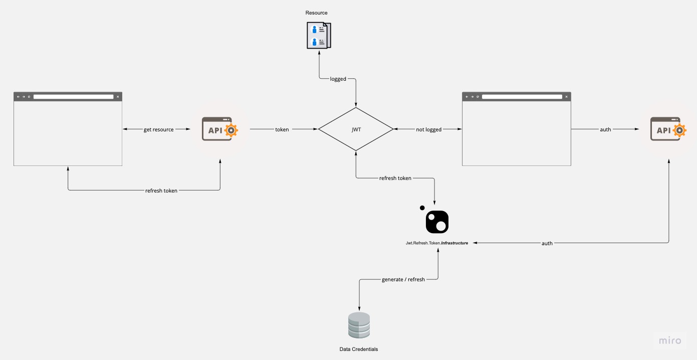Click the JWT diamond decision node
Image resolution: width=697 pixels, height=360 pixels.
(x=356, y=129)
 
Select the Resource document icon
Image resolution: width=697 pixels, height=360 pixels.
(x=319, y=35)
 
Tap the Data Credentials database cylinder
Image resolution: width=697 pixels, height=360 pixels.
(x=359, y=325)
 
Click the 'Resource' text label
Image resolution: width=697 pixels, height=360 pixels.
(x=317, y=13)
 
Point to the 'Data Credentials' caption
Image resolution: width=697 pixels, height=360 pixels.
(x=359, y=349)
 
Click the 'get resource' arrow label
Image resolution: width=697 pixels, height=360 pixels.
(x=159, y=129)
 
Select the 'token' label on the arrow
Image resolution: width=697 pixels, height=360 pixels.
(x=282, y=129)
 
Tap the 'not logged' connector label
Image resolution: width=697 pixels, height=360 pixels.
(x=429, y=129)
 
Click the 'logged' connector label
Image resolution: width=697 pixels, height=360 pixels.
(x=338, y=79)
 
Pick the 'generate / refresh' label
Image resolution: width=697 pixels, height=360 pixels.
(x=403, y=279)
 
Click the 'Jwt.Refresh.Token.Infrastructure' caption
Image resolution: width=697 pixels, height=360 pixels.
(x=437, y=243)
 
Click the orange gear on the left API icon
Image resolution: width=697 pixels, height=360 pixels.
(x=231, y=130)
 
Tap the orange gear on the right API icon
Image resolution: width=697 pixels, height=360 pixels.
(x=679, y=130)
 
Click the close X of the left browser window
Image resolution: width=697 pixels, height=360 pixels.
(x=118, y=97)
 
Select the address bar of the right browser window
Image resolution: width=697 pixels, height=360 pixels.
(x=522, y=97)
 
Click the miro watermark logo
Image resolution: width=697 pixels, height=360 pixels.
(x=670, y=340)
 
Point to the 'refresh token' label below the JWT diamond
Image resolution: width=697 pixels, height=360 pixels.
(x=395, y=178)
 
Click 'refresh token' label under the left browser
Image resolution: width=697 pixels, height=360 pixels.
(x=161, y=191)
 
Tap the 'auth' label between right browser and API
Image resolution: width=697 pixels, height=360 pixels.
(x=605, y=129)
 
